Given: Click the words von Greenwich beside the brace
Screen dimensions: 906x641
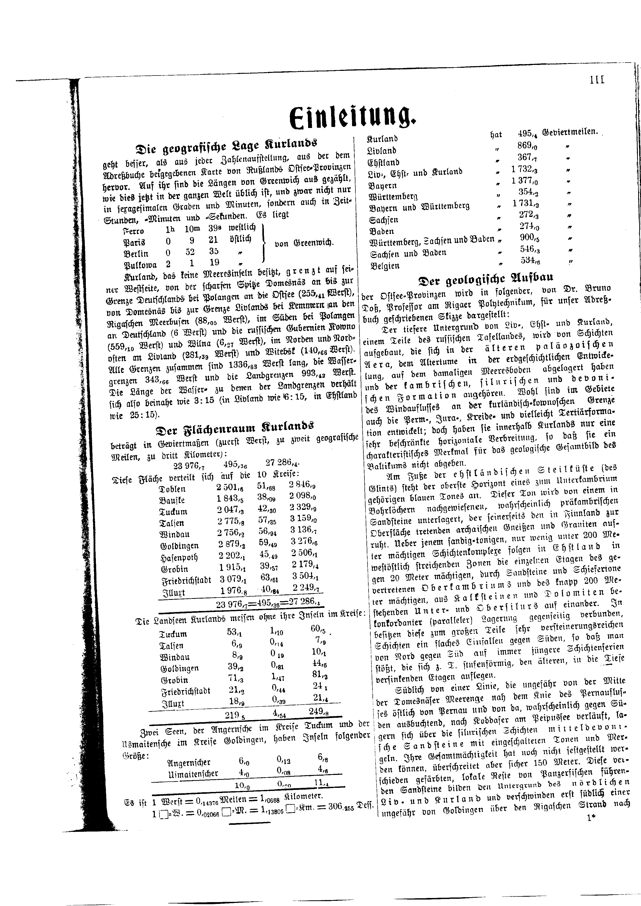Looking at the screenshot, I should [x=304, y=243].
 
